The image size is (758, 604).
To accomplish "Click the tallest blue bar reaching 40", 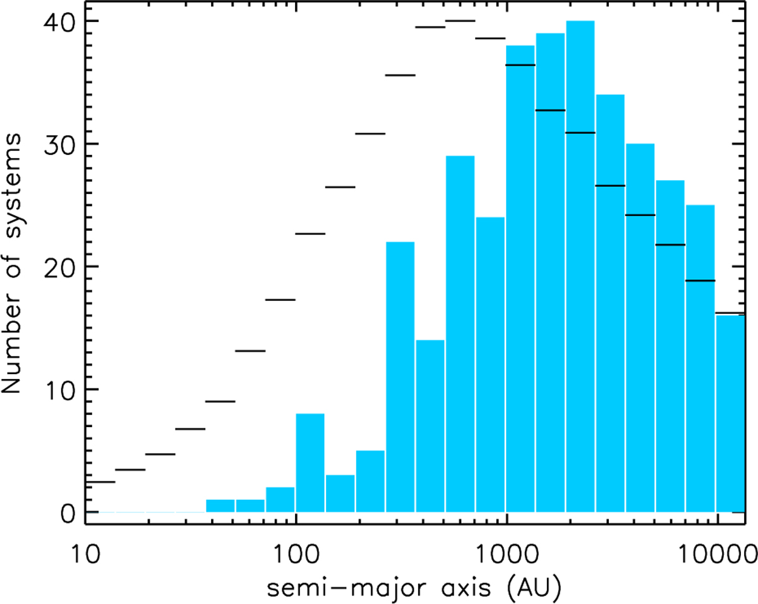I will tap(581, 265).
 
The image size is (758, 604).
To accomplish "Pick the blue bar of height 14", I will tap(430, 426).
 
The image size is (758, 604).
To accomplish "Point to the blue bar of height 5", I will tap(370, 481).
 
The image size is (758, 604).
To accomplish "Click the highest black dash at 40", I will tap(460, 21).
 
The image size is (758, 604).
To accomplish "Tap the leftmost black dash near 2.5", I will tap(100, 481).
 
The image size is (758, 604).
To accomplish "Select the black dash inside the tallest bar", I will tap(581, 133).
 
